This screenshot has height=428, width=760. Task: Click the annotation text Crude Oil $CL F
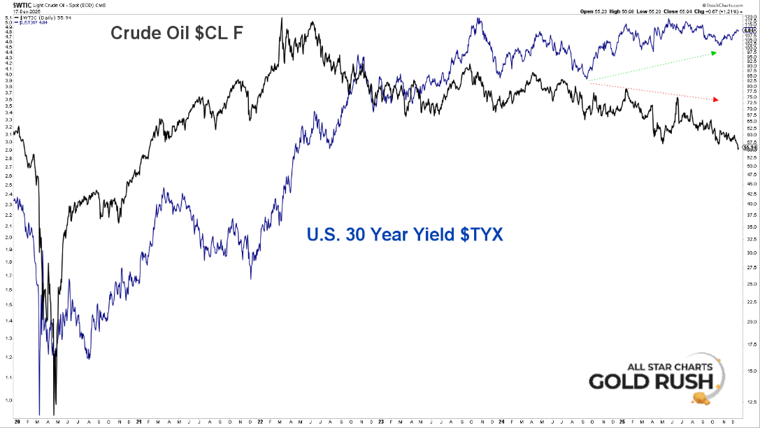tap(176, 33)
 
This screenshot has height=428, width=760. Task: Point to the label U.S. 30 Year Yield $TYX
tap(405, 234)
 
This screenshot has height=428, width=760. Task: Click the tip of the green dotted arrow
tap(717, 52)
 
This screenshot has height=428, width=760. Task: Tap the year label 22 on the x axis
tap(260, 422)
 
